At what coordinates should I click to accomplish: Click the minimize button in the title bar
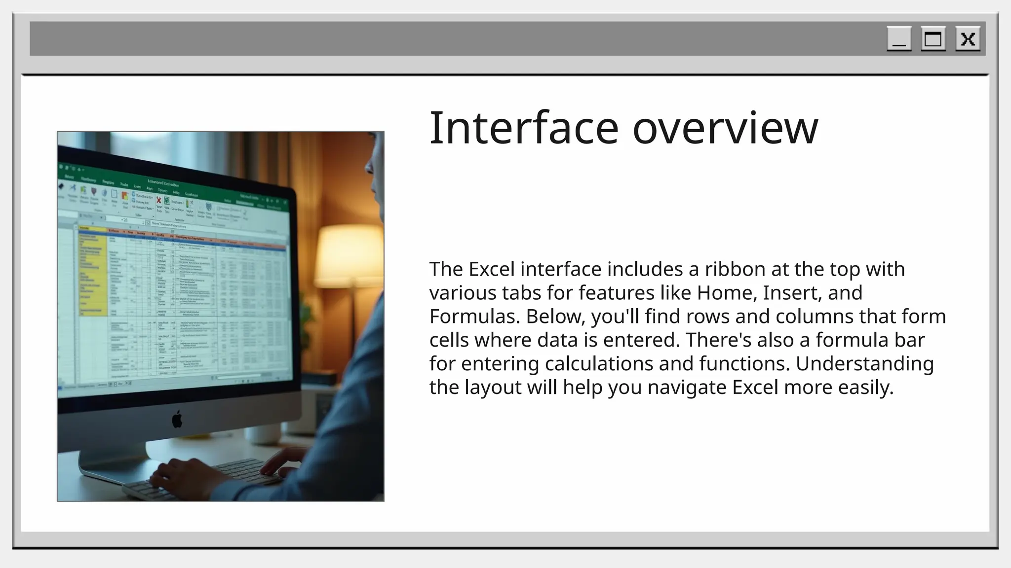pos(899,39)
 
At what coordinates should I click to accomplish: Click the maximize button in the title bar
pos(933,39)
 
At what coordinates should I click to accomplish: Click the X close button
pos(968,39)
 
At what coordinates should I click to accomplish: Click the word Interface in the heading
pos(524,128)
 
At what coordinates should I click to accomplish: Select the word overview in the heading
pos(725,128)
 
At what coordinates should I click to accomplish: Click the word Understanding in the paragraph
pos(864,364)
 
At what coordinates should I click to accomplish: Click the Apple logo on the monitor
pos(177,420)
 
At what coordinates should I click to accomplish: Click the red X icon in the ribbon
pos(159,200)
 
